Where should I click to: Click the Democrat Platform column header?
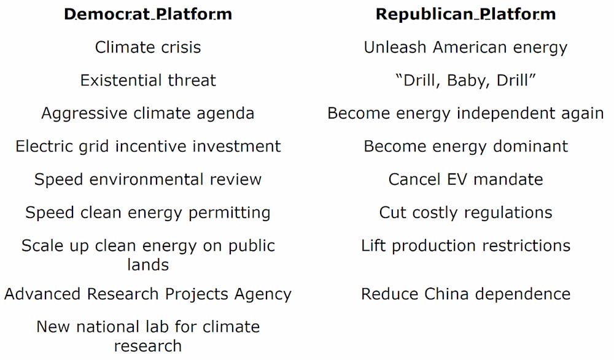[x=148, y=14]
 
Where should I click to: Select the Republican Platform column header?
[x=465, y=14]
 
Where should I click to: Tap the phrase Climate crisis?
[x=148, y=47]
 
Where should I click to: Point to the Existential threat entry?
[x=148, y=80]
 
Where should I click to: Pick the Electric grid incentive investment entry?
[x=148, y=147]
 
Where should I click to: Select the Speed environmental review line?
[x=148, y=180]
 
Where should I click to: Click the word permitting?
[x=230, y=213]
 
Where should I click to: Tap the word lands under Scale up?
[x=148, y=265]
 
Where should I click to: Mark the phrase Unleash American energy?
[x=465, y=48]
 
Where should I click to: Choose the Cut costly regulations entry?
[x=465, y=213]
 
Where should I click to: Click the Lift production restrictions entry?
[x=465, y=246]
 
